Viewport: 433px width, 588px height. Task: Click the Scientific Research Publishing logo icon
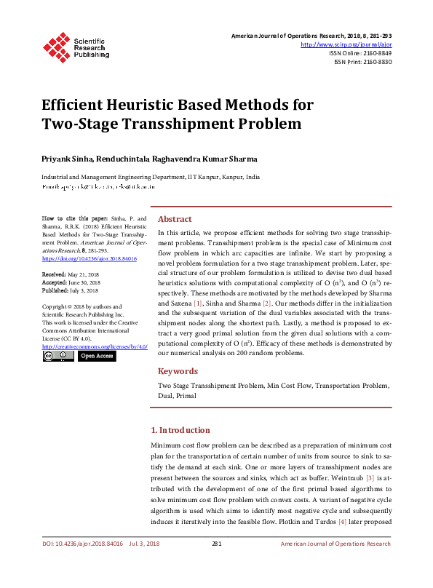[56, 45]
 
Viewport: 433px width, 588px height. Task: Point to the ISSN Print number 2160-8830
[375, 62]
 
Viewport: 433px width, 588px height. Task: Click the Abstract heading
[175, 219]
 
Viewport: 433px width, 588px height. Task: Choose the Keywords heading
[178, 371]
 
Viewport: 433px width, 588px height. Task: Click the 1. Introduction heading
[180, 430]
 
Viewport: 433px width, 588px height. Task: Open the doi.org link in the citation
[80, 258]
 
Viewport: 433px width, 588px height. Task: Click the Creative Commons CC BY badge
[57, 356]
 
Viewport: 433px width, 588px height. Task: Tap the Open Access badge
[97, 356]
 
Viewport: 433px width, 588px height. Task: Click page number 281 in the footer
[216, 543]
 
